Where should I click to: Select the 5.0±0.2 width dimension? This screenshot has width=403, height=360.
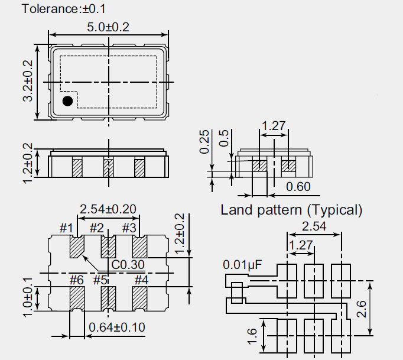108,27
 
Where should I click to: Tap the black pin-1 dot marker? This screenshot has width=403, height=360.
68,101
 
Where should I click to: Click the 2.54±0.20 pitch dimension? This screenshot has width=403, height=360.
108,209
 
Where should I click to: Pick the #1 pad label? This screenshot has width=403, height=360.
67,228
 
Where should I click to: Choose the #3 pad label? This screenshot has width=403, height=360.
129,228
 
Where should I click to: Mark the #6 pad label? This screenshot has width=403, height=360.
76,279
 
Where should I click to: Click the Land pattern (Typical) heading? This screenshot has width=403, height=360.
291,210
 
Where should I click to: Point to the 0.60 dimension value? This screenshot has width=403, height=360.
298,187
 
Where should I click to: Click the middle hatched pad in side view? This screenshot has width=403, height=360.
108,167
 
